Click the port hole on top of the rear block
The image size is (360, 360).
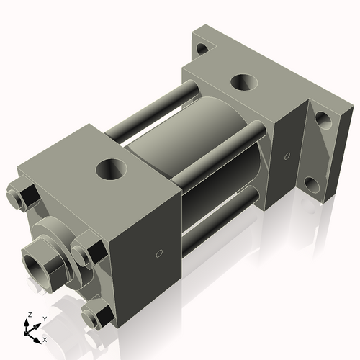point(243,82)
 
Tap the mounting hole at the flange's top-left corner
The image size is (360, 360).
point(202,50)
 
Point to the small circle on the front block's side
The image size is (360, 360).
point(160,253)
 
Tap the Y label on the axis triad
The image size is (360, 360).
point(44,318)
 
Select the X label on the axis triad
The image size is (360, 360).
point(45,338)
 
